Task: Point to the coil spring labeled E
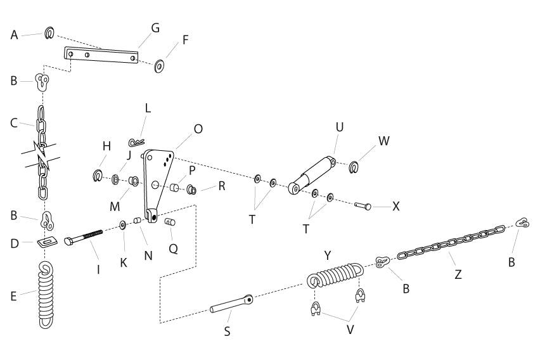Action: tap(47, 294)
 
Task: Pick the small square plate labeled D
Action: tap(47, 242)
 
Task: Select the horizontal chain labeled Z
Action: tap(450, 241)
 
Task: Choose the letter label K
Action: tap(124, 261)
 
